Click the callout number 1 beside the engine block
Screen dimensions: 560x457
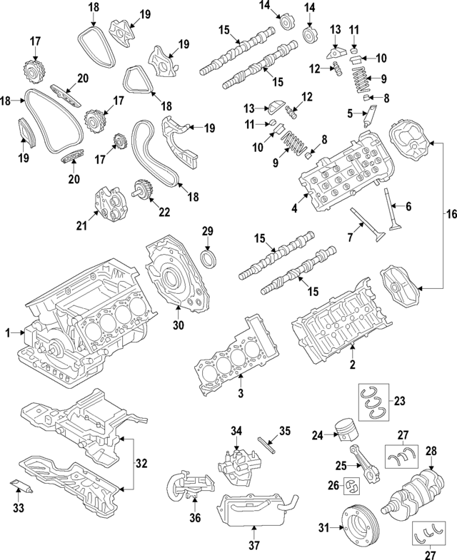9,332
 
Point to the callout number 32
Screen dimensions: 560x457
141,463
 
